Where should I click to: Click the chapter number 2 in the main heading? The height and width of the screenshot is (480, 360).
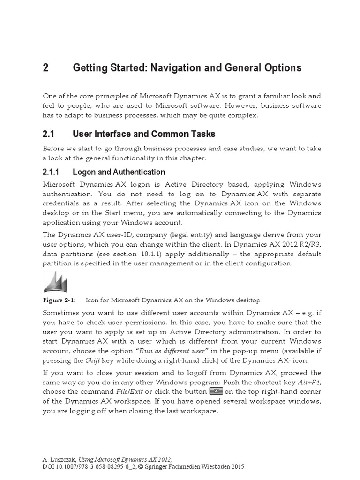point(45,68)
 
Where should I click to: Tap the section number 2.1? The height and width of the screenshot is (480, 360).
point(49,134)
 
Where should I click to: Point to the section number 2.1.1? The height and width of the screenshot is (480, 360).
point(53,172)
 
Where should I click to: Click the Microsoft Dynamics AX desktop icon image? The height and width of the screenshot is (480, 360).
point(55,282)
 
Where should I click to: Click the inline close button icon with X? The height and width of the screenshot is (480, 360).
point(216,391)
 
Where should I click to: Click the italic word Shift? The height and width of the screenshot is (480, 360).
point(92,360)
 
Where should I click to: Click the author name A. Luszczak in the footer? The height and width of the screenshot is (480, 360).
point(59,460)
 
